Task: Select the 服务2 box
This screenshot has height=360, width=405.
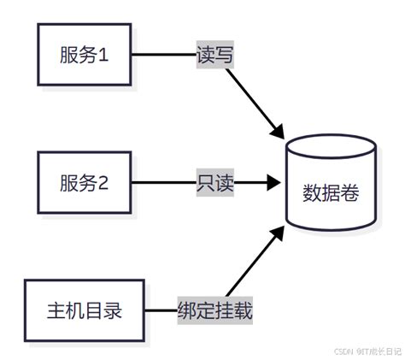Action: [x=84, y=182]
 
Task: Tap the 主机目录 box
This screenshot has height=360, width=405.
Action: [x=84, y=308]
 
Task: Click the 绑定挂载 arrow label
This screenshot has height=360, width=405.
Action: [x=214, y=309]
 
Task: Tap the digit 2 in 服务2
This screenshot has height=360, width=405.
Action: [x=105, y=182]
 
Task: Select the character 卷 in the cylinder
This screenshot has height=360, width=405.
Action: [x=350, y=193]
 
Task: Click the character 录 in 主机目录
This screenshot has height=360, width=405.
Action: [x=112, y=309]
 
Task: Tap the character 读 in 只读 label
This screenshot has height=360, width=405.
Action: [x=224, y=182]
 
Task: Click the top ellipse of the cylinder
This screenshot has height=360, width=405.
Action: [x=331, y=148]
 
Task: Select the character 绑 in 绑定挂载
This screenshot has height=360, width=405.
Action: [x=186, y=309]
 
